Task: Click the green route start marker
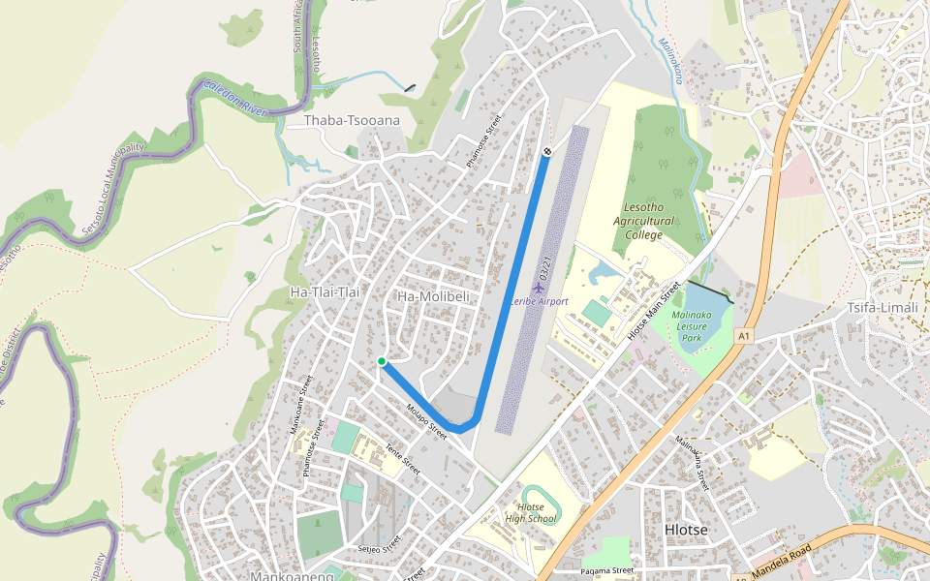[382, 361]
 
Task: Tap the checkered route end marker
[547, 151]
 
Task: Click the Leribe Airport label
[540, 302]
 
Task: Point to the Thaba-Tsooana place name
[352, 121]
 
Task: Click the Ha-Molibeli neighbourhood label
[434, 295]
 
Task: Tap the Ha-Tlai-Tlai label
[325, 291]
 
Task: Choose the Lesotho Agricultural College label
[643, 222]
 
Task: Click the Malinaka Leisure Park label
[692, 327]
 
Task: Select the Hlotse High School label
[530, 513]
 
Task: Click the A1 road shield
[743, 336]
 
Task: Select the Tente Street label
[402, 459]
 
